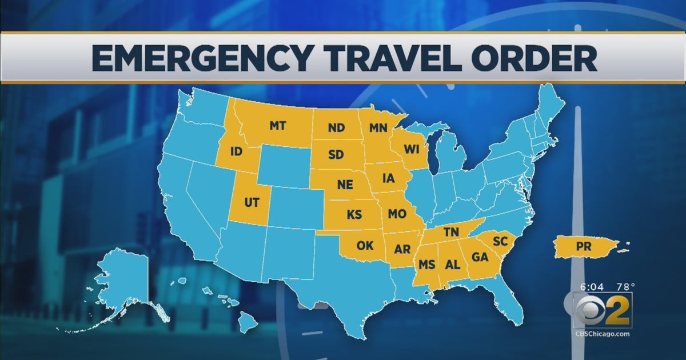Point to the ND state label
coord(336,129)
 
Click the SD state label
coord(336,155)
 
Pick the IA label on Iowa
coord(388,178)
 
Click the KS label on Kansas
coord(354,215)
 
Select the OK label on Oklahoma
coord(365,247)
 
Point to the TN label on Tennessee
coord(451,231)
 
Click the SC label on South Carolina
coord(500,242)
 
